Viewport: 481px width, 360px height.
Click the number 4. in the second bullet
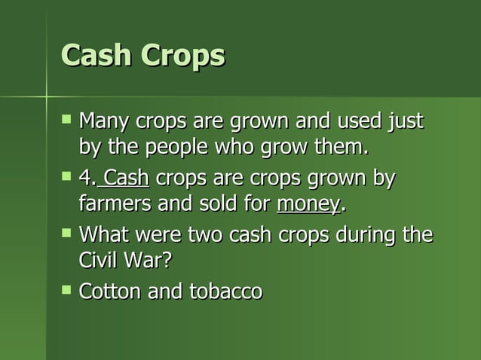pos(87,179)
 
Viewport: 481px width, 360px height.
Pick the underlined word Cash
pos(127,179)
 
